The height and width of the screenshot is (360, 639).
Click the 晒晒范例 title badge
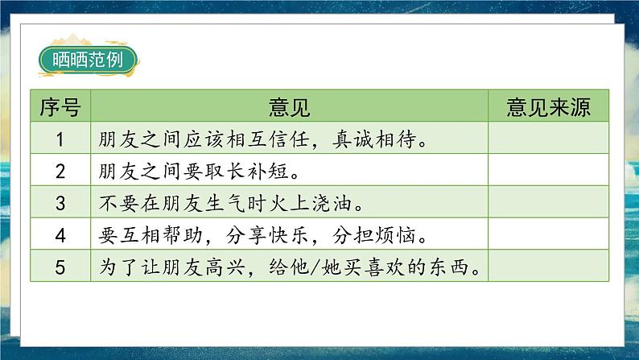[88, 60]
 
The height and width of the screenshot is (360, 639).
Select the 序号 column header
[60, 107]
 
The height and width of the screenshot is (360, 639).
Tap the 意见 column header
[290, 107]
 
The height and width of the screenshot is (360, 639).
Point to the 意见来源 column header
[549, 107]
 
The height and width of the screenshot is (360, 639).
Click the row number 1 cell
[60, 139]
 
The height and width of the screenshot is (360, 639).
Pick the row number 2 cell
[60, 170]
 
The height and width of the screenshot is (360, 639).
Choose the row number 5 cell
[60, 266]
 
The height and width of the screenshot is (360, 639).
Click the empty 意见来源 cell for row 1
[549, 139]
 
